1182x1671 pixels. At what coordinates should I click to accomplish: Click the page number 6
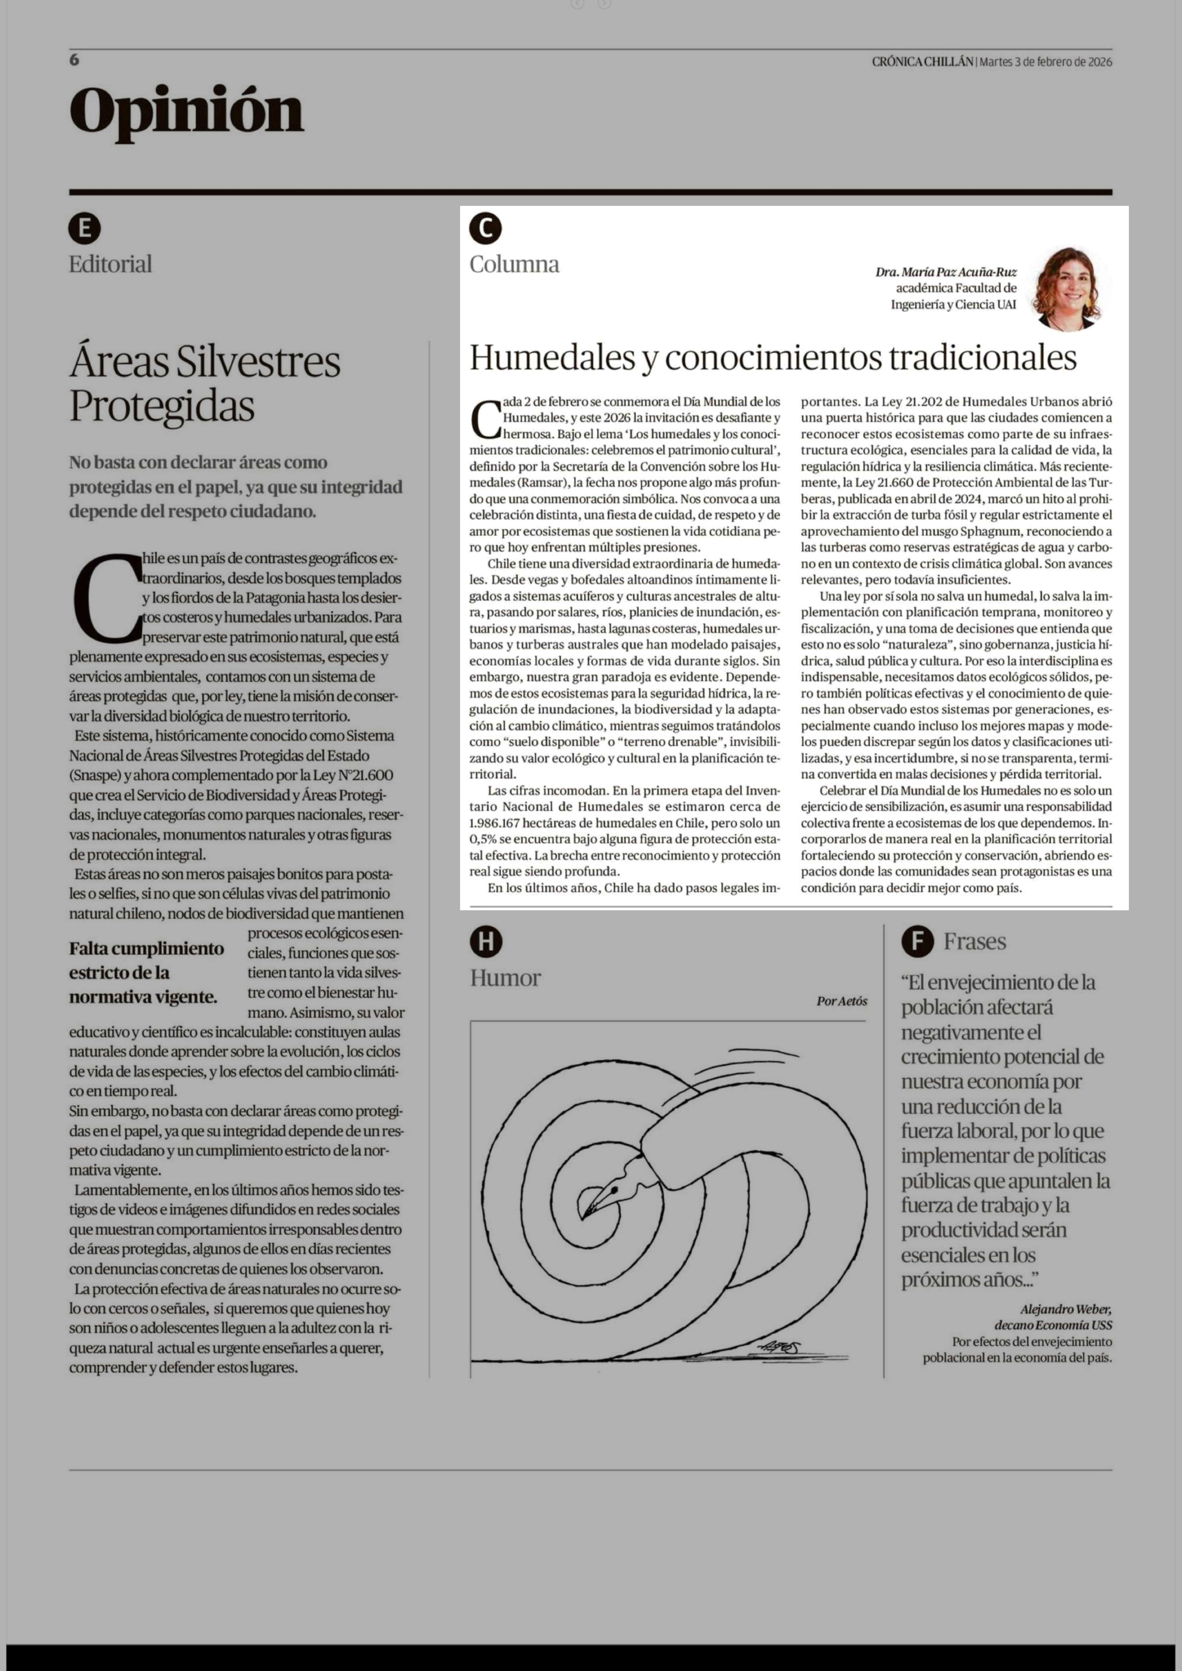click(74, 60)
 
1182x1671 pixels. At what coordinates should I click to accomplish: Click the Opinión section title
click(186, 111)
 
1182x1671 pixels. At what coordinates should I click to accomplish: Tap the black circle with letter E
click(84, 229)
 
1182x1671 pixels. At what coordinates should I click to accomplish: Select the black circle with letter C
click(485, 229)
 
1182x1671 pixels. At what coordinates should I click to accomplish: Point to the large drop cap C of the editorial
click(108, 599)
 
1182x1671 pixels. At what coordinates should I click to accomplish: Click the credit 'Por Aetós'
click(841, 1001)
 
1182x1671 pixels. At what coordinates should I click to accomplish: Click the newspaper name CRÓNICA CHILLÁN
click(922, 62)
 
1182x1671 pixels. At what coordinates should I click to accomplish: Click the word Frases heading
click(975, 941)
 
